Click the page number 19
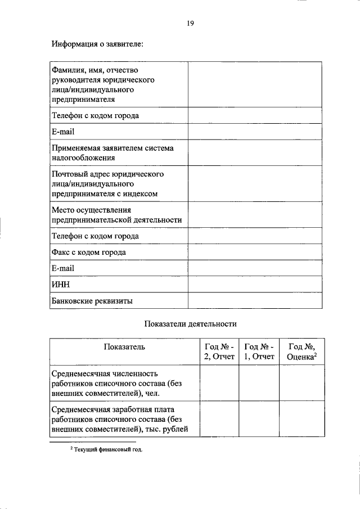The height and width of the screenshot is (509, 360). [190, 23]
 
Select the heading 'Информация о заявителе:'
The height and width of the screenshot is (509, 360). [98, 44]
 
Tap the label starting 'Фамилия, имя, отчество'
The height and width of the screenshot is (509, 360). [102, 84]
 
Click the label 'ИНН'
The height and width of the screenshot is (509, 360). [60, 285]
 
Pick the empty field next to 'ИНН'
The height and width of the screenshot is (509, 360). [255, 285]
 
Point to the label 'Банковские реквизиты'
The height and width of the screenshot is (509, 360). [92, 301]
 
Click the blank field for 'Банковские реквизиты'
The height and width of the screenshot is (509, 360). [255, 301]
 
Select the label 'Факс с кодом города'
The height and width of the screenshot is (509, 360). [89, 252]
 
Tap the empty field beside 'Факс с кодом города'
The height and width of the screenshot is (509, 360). [255, 252]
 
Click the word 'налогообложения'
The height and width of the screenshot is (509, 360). [84, 158]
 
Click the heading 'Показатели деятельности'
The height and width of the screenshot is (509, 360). [191, 324]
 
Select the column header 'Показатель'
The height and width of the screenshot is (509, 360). [124, 347]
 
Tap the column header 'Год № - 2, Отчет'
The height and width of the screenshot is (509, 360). [219, 352]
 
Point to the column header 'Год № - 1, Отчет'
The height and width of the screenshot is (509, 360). [259, 352]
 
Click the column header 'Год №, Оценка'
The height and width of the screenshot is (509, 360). [301, 352]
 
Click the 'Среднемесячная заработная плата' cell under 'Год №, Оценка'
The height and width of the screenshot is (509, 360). [301, 419]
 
